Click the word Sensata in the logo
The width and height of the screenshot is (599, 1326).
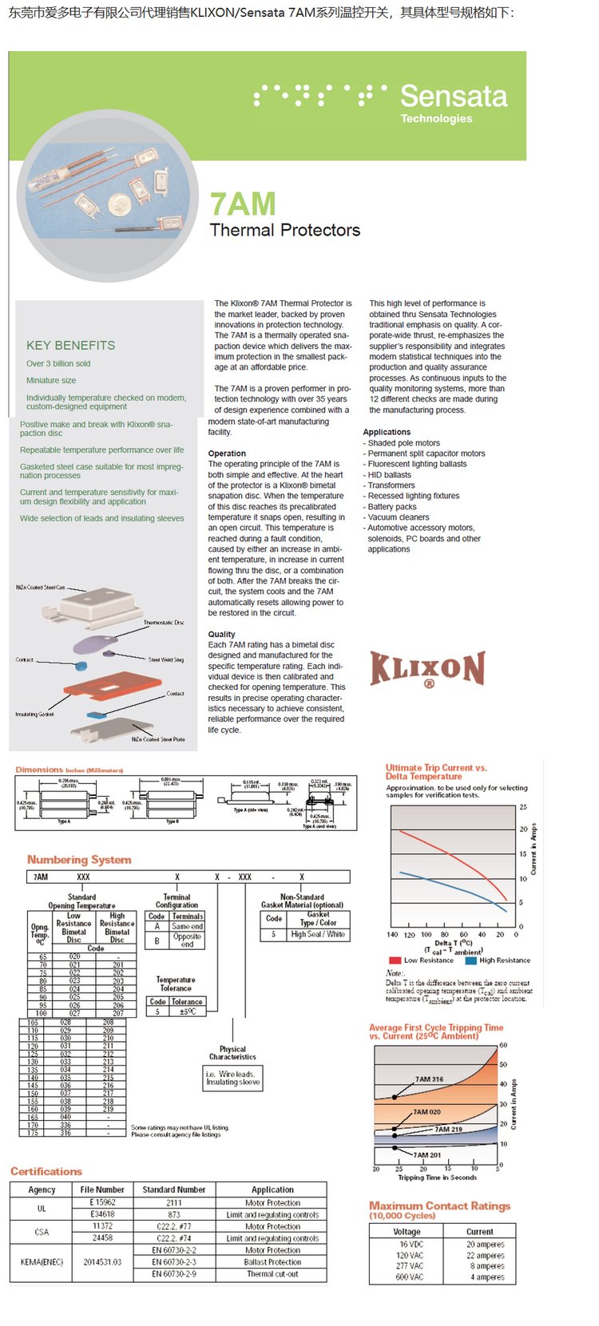(x=454, y=96)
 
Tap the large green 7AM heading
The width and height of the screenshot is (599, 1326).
(x=243, y=204)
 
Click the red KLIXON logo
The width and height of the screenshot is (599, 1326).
(x=427, y=669)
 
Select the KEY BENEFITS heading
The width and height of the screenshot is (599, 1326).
(x=70, y=345)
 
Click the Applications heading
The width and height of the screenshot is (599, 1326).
(x=387, y=432)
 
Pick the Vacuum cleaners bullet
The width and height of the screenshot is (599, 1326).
(x=399, y=517)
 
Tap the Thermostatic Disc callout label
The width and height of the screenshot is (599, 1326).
(x=164, y=622)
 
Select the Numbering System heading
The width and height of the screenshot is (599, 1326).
(x=79, y=859)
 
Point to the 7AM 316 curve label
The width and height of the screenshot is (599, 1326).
(x=429, y=1079)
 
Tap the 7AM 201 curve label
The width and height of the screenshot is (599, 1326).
(x=427, y=1154)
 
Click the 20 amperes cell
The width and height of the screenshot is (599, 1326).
(x=485, y=1245)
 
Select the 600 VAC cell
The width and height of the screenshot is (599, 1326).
(x=410, y=1277)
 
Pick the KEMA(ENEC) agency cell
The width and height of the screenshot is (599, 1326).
(x=42, y=1262)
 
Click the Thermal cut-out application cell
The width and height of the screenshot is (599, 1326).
(x=272, y=1274)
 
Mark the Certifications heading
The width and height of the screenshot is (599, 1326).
(x=46, y=1171)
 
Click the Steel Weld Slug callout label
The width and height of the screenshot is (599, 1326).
(x=165, y=659)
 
